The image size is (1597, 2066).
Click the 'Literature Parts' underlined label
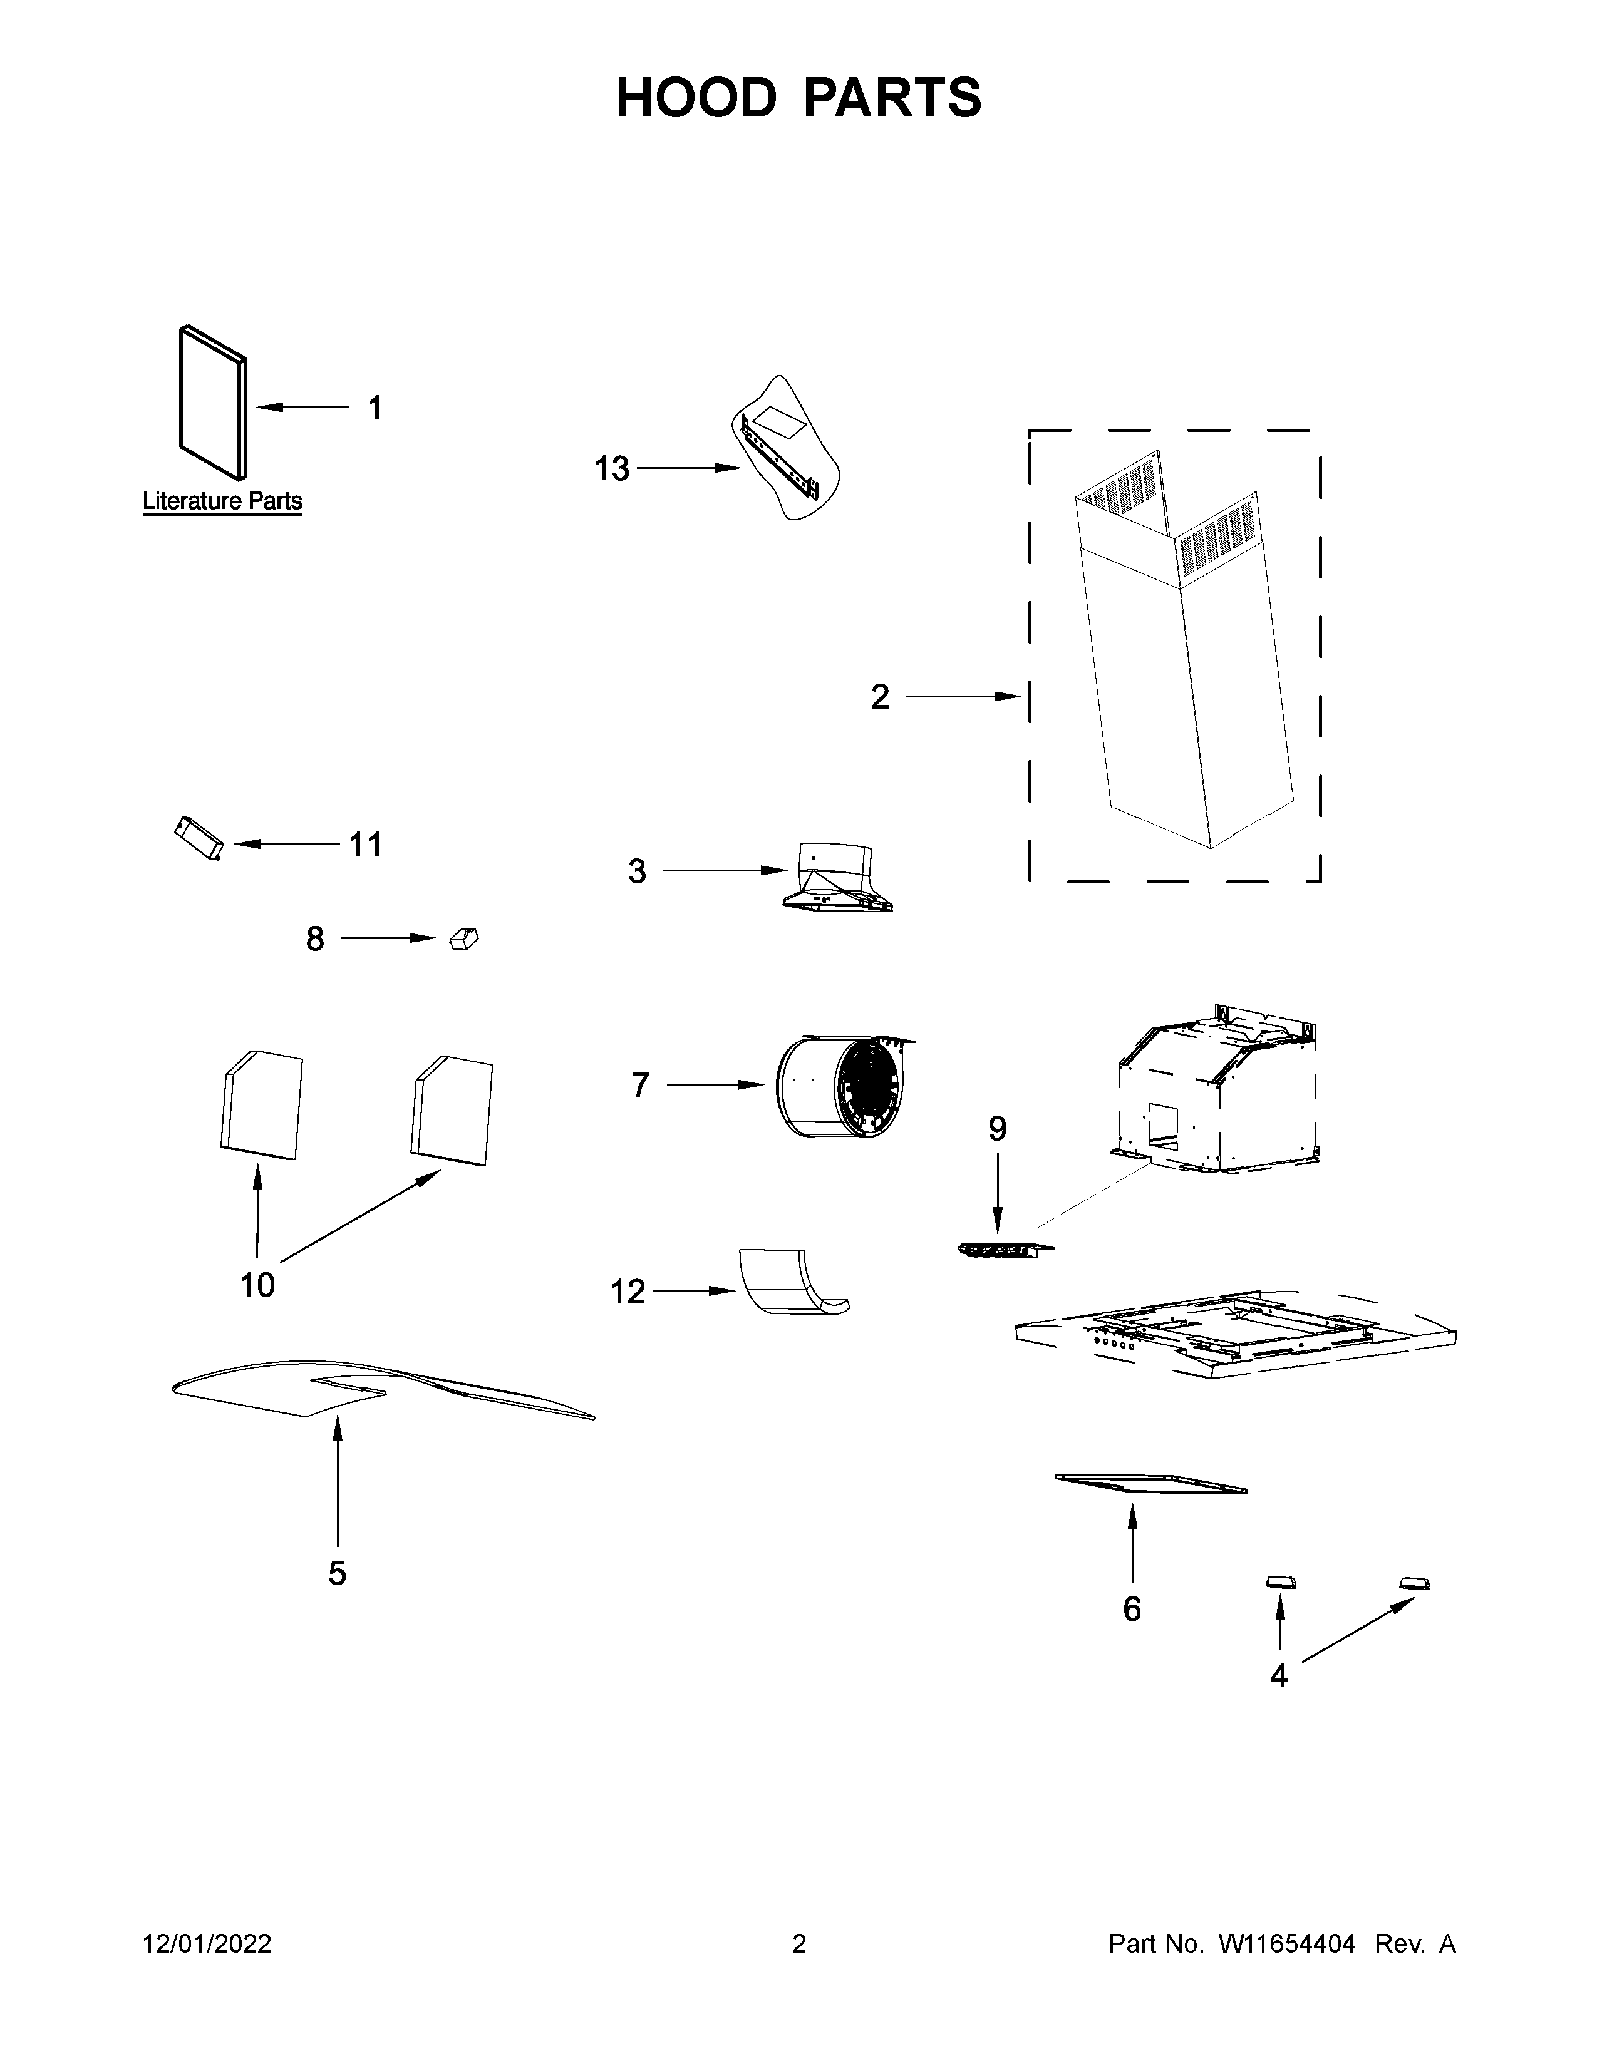pos(222,501)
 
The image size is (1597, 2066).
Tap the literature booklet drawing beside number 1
pos(212,403)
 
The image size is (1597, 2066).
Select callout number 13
pos(611,468)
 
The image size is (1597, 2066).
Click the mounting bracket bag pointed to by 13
pos(786,450)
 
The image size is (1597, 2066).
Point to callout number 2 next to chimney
pos(879,697)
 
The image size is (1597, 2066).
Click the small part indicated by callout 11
pos(199,839)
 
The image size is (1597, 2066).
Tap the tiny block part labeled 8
pos(463,938)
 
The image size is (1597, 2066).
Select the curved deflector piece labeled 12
pos(790,1283)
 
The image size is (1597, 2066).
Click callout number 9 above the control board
pos(997,1129)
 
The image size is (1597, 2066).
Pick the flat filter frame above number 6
pos(1149,1484)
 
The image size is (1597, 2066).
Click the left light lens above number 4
pos(1281,1583)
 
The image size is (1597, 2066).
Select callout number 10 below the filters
pos(257,1285)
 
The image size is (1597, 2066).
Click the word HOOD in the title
pos(695,98)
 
